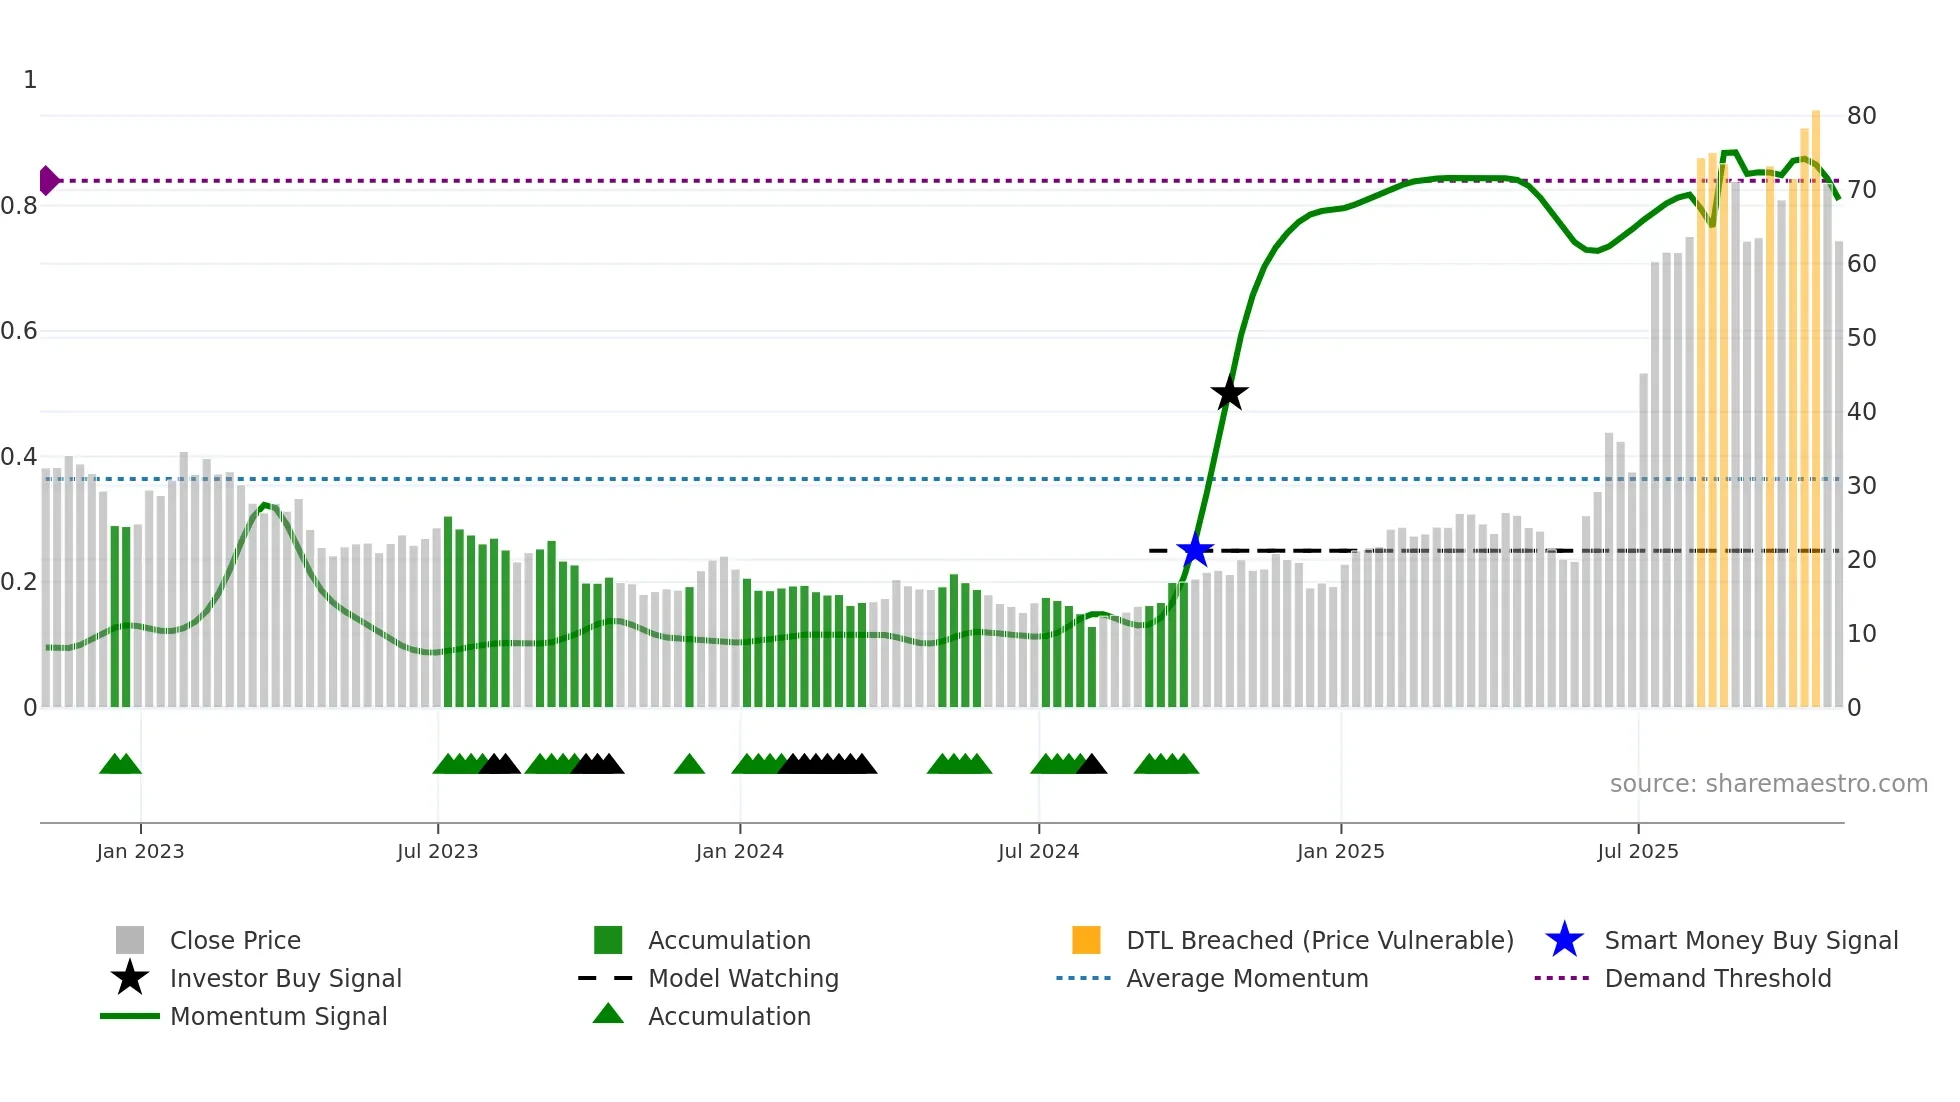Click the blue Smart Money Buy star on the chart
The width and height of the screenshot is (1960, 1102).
[x=1195, y=550]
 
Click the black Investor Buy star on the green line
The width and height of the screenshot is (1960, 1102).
[x=1229, y=393]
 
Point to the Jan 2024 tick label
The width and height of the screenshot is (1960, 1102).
[x=739, y=851]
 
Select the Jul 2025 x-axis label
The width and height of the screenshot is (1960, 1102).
[x=1637, y=851]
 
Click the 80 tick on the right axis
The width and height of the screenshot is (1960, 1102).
[x=1861, y=116]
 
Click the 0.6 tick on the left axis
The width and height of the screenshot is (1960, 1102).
[x=20, y=331]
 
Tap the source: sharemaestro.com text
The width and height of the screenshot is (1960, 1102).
[x=1768, y=783]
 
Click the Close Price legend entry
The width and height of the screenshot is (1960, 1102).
[x=235, y=940]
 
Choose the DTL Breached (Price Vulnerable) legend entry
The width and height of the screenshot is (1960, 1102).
[x=1319, y=940]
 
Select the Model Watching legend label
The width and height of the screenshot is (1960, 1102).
[x=743, y=978]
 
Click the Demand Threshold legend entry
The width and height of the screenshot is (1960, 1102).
[x=1717, y=978]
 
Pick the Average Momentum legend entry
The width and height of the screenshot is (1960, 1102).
[x=1246, y=978]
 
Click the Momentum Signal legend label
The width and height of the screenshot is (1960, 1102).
[x=278, y=1016]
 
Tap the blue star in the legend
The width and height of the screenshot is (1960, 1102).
[x=1564, y=940]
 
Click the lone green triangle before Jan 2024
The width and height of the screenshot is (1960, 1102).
[x=689, y=765]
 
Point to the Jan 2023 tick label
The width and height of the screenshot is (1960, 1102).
[x=140, y=851]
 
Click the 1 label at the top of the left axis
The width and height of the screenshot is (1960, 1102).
[x=30, y=80]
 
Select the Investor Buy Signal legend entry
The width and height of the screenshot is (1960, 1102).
[x=285, y=978]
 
